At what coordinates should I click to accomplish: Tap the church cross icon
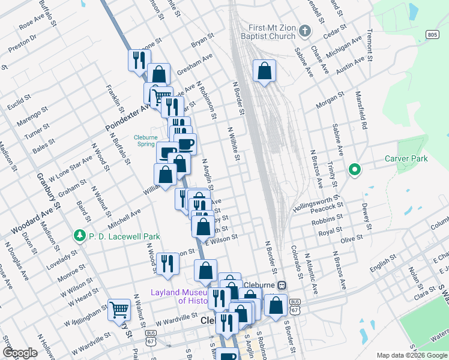point(305,31)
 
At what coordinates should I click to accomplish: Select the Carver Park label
point(406,159)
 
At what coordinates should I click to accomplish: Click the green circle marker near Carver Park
point(355,170)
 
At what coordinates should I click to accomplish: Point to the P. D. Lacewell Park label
point(122,236)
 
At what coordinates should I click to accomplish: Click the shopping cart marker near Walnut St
point(119,309)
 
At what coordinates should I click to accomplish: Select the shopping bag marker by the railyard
point(264,71)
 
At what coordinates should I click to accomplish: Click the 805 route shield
point(433,35)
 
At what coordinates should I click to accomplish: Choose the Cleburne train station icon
point(281,285)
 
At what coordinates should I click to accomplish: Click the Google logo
point(20,353)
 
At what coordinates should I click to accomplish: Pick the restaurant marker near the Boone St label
point(138,60)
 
